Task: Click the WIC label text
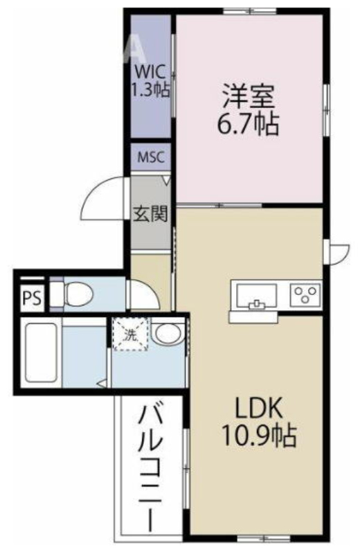150,72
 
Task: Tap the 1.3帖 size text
150,89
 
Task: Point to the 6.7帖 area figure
248,125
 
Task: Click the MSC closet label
151,157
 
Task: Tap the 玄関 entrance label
150,213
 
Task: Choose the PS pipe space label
32,298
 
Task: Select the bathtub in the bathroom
41,352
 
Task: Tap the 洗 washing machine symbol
130,334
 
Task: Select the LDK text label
259,410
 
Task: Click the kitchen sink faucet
257,304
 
